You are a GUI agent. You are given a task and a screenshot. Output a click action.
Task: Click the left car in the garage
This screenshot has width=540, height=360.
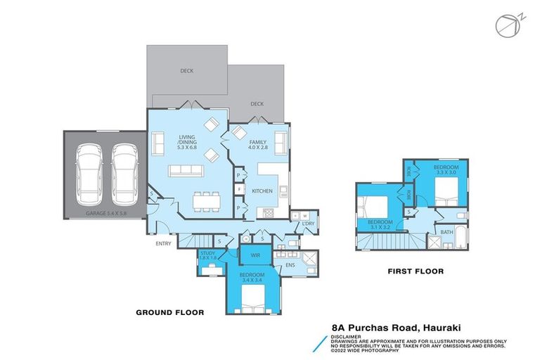[x=91, y=171]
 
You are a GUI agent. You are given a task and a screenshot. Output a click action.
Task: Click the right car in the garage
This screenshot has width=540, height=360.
[x=123, y=171]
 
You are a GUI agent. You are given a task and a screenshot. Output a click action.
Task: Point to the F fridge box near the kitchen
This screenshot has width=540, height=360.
[x=239, y=189]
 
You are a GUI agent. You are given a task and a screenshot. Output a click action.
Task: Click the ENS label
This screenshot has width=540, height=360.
[x=290, y=265]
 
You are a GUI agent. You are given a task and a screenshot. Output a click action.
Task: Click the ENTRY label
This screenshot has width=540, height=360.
[x=164, y=243]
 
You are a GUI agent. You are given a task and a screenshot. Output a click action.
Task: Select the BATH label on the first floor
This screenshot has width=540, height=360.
[x=446, y=231]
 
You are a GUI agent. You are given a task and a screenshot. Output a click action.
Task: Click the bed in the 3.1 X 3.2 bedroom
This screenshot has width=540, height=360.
[x=374, y=207]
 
